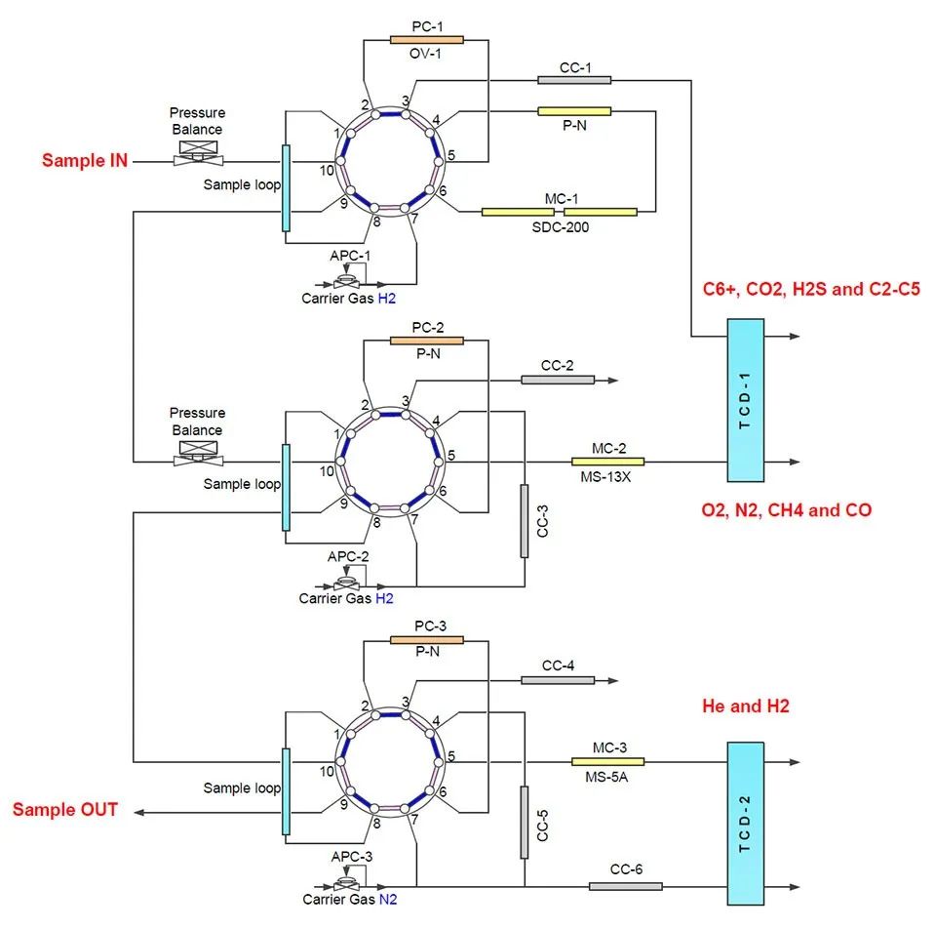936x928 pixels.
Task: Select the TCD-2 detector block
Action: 745,823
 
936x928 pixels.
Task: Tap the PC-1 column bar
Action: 426,39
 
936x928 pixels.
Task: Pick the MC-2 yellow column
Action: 607,461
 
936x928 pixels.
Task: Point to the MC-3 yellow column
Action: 607,761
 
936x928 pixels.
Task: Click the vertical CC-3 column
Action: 525,521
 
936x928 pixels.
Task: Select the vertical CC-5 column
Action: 525,822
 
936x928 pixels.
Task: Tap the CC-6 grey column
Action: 625,886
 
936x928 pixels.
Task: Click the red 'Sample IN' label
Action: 85,160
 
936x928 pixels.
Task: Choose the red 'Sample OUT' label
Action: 65,810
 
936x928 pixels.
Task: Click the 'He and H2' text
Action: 745,706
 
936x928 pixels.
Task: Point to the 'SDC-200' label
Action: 559,227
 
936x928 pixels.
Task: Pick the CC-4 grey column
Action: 558,680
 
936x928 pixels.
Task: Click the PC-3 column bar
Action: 426,640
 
